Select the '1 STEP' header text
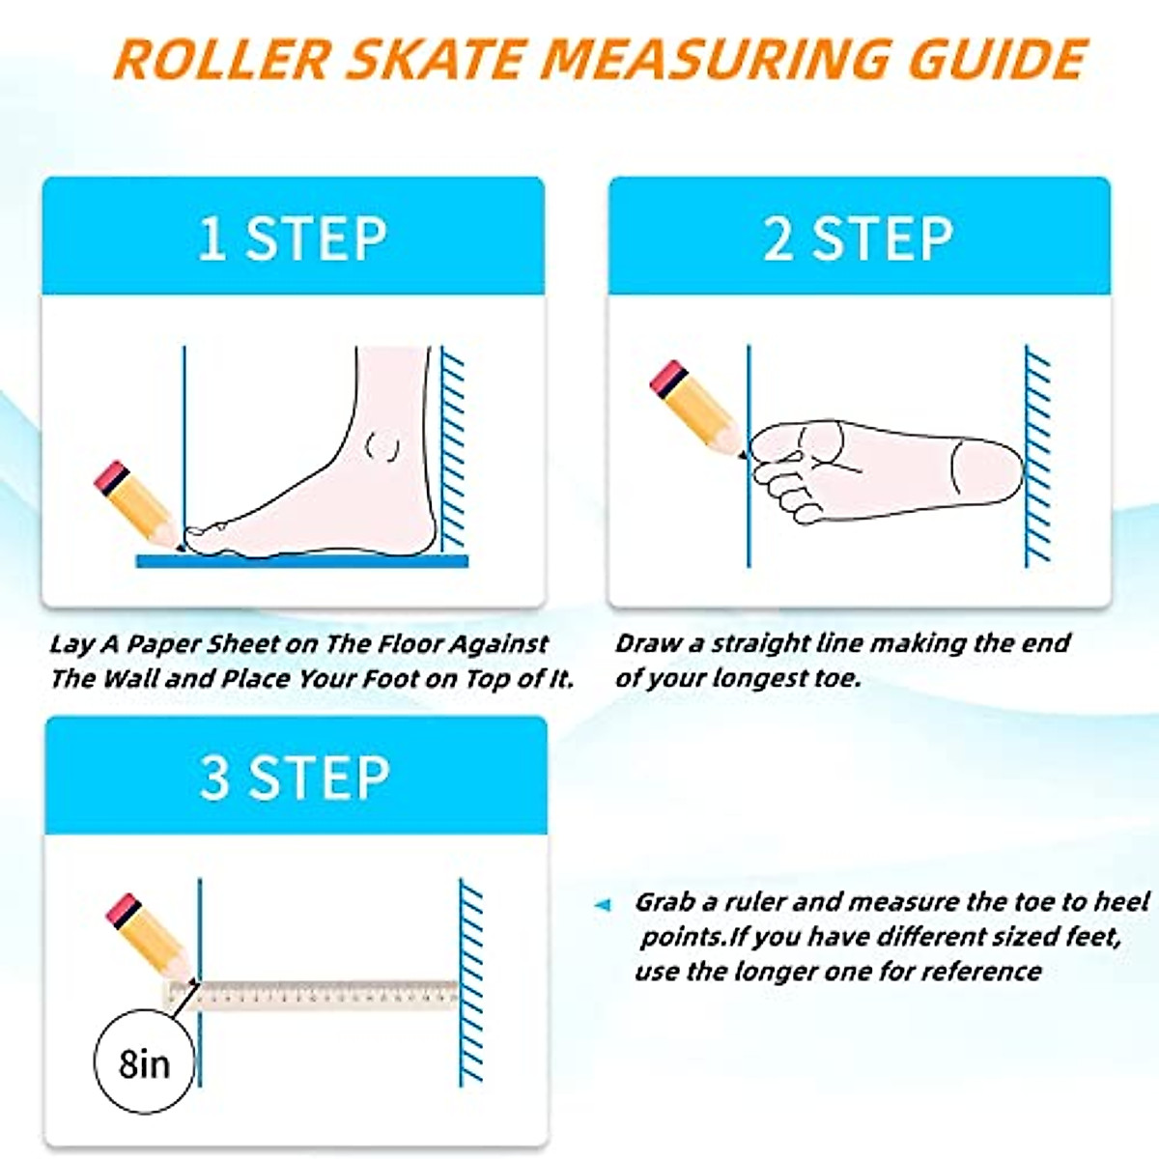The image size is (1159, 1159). [x=293, y=239]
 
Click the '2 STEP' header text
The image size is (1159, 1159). [x=859, y=239]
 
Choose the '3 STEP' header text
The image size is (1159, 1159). [x=295, y=777]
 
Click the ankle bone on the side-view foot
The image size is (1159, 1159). [x=384, y=446]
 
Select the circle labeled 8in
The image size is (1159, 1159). [x=144, y=1063]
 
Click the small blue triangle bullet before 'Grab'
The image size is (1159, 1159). [x=603, y=905]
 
